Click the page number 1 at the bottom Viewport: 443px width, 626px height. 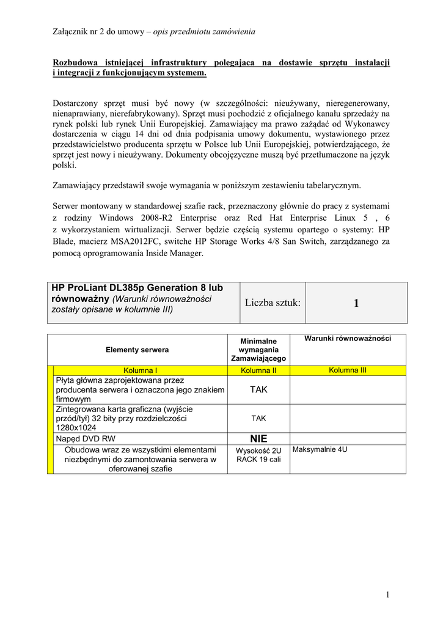point(387,595)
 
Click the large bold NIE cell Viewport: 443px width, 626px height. point(258,439)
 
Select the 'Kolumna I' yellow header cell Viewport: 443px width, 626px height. point(141,370)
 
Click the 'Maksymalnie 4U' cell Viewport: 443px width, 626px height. point(320,450)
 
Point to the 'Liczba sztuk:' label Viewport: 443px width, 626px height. point(273,303)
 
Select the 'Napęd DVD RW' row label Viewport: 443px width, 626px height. point(86,439)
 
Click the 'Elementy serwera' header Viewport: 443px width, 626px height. point(137,350)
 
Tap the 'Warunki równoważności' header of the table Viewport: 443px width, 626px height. point(348,339)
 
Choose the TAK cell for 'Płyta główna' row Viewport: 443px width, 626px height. point(258,389)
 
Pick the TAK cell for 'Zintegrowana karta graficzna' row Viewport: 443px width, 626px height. point(258,419)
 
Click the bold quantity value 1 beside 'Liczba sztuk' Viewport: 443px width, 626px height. point(356,303)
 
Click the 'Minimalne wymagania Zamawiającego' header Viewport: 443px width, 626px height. point(258,350)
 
